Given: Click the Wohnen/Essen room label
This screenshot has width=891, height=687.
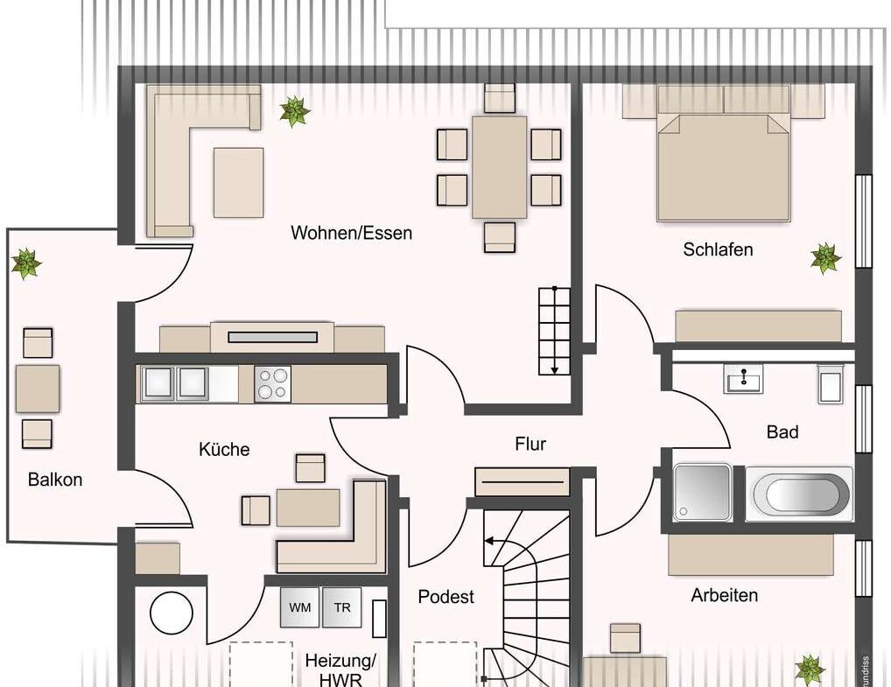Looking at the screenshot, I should (x=351, y=234).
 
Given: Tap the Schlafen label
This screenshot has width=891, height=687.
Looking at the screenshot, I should (x=718, y=250).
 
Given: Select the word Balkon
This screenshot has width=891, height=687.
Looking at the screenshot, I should (x=55, y=480).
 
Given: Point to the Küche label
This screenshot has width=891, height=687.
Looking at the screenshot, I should (x=224, y=450).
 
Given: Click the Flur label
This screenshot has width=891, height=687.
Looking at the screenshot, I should (x=530, y=445).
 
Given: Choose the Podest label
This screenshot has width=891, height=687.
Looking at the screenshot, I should (x=445, y=597).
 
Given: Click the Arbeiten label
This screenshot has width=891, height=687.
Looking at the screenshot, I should (x=724, y=596).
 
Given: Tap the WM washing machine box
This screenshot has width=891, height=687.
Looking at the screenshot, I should (x=299, y=607).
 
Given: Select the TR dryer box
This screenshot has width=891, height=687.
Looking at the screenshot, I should (x=341, y=607).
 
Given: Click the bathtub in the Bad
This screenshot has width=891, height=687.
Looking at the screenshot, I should (x=799, y=494).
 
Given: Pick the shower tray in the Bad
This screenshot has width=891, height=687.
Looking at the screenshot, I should (x=702, y=493).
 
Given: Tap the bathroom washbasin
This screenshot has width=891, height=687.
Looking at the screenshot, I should (x=743, y=380).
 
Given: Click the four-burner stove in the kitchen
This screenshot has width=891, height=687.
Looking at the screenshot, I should (x=272, y=384).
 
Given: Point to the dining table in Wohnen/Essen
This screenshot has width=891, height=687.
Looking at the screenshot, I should (x=499, y=167).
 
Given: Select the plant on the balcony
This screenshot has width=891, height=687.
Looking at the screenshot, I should (x=26, y=263).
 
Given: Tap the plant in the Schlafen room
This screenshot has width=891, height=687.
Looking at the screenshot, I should (x=824, y=258).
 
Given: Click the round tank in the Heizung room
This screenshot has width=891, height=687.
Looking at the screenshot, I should (x=171, y=613).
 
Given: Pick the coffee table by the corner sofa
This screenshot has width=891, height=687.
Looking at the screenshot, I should (x=238, y=182).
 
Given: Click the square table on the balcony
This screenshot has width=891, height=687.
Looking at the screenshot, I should (x=38, y=389).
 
